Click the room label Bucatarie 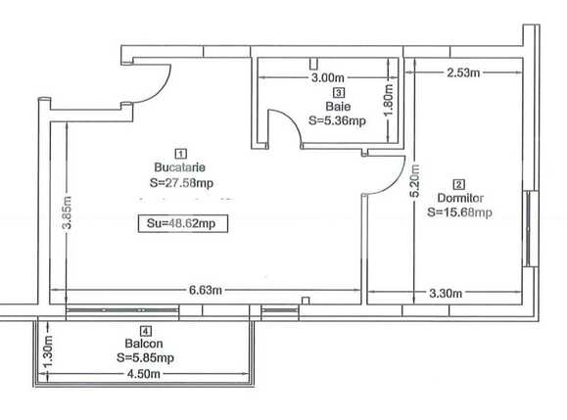tap(180, 167)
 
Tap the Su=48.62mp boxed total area tap(183, 223)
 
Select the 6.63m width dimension tap(206, 290)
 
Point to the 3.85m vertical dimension tap(68, 212)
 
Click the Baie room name tap(338, 107)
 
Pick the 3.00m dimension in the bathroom tap(328, 77)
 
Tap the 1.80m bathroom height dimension tap(389, 101)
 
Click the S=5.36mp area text tap(337, 120)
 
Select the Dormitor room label tap(460, 198)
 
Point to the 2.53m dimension tap(463, 72)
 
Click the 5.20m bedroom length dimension tap(415, 181)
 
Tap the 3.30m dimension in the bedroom tap(446, 293)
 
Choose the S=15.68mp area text tap(459, 212)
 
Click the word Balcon tap(144, 343)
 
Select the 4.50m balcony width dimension tap(144, 374)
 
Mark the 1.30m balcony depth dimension tap(48, 350)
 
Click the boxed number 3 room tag tap(339, 93)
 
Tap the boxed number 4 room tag tap(145, 331)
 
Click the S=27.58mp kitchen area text tap(181, 183)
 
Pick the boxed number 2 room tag tap(459, 185)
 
